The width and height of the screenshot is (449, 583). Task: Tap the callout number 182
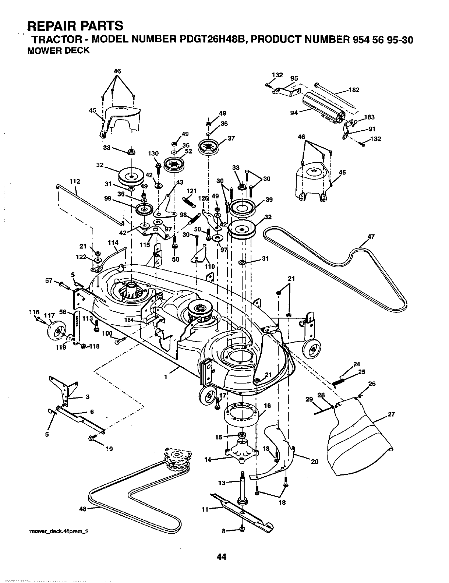tap(354, 90)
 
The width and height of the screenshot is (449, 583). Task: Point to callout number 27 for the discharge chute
tap(391, 414)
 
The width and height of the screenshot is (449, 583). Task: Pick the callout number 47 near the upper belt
tap(371, 237)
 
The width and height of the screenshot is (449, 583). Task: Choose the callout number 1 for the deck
tap(166, 377)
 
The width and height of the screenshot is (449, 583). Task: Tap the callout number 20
tap(314, 462)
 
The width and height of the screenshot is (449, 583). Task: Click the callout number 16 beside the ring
tap(267, 406)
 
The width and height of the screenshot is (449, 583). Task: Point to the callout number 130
tap(153, 154)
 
